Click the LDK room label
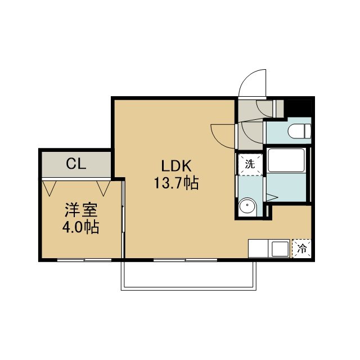(x=176, y=166)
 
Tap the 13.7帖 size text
(x=176, y=183)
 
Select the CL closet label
(x=76, y=164)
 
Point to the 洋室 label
(x=81, y=210)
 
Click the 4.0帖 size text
(x=81, y=227)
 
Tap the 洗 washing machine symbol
(x=250, y=164)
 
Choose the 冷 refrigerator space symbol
(x=302, y=249)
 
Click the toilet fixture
(x=299, y=131)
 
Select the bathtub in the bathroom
(x=286, y=160)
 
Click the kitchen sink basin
(x=280, y=249)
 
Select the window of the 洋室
(x=84, y=260)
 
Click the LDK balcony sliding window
(x=185, y=260)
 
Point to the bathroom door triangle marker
(x=272, y=197)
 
